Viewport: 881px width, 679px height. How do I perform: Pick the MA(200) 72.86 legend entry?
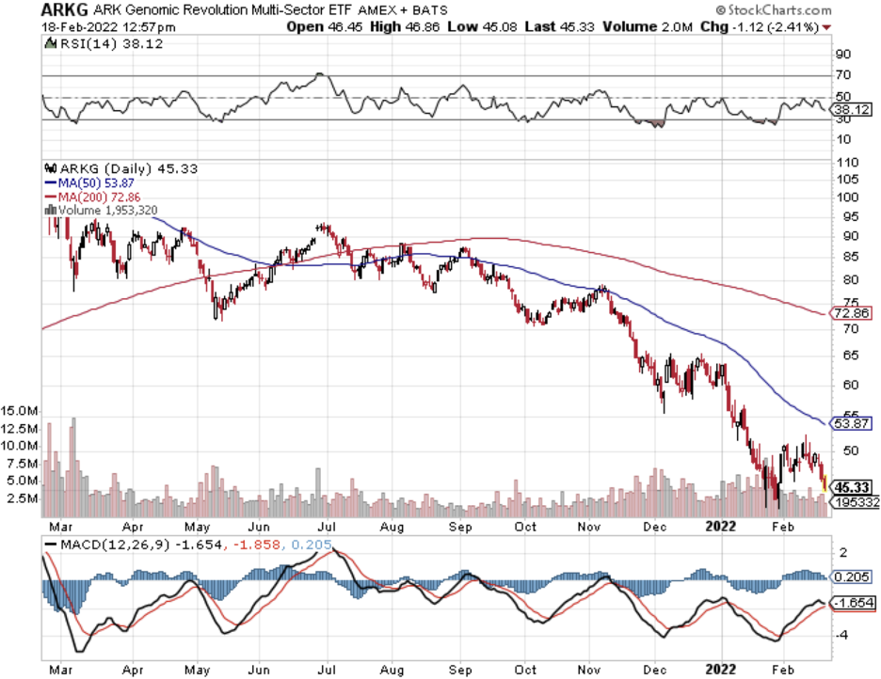(x=86, y=197)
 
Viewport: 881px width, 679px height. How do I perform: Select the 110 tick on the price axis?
(x=844, y=162)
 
